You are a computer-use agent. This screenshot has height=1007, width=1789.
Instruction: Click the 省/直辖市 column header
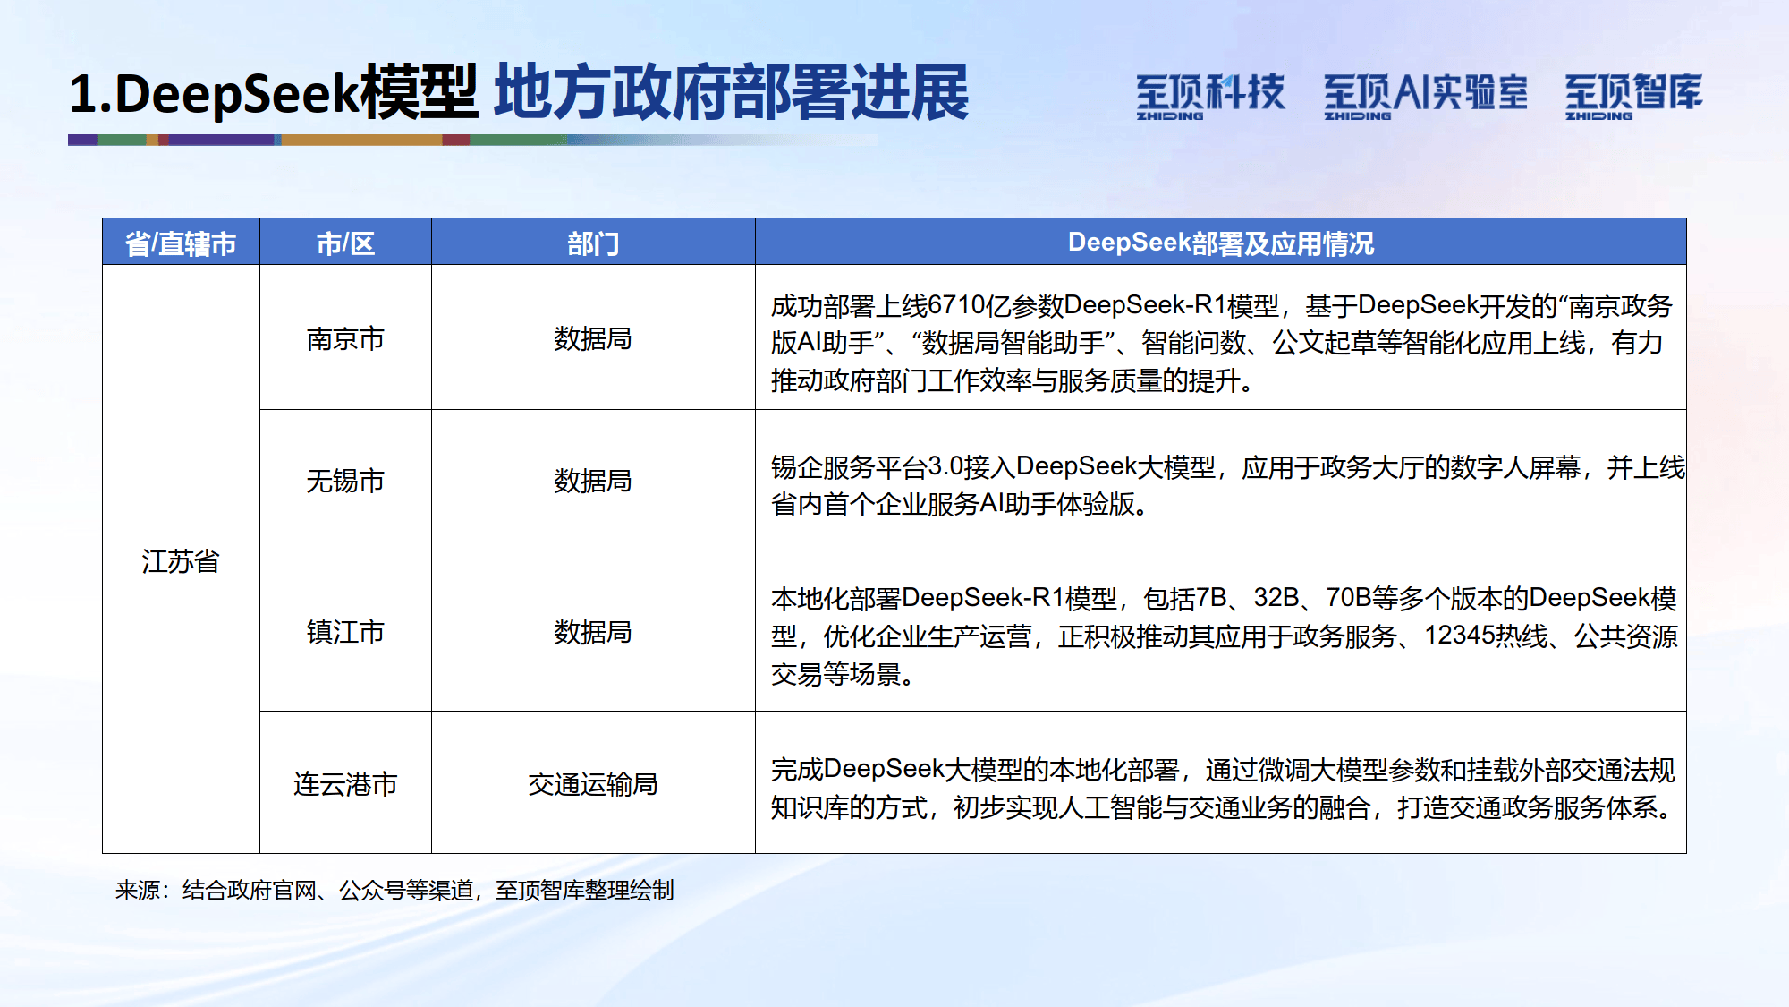tap(181, 243)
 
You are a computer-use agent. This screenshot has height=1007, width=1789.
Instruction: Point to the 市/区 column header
tap(345, 243)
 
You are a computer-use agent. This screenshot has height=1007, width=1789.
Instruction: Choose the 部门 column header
tap(593, 243)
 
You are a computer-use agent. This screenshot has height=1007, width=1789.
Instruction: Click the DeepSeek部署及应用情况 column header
tap(1221, 243)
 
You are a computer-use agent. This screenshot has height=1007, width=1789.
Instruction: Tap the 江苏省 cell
tap(181, 561)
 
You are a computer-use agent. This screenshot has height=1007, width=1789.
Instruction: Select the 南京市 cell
tap(345, 339)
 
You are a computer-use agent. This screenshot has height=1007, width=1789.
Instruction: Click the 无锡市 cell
tap(345, 481)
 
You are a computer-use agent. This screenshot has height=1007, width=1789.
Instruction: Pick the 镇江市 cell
tap(345, 632)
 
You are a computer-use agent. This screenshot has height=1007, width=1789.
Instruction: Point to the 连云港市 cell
tap(345, 784)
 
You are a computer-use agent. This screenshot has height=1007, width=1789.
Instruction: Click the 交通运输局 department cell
tap(593, 784)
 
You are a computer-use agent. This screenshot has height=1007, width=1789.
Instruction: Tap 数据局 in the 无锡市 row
tap(593, 481)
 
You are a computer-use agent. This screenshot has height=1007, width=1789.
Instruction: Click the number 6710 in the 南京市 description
tap(956, 306)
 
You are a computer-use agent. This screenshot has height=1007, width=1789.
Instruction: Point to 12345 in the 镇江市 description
tap(1459, 636)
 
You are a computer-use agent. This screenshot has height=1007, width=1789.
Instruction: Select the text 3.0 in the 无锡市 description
tap(945, 466)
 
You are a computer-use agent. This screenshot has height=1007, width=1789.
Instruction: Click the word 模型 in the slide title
tap(419, 93)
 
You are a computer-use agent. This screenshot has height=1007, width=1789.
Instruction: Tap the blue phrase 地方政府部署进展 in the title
tap(732, 93)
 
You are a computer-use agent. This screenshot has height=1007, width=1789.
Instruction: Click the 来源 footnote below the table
tap(394, 890)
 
